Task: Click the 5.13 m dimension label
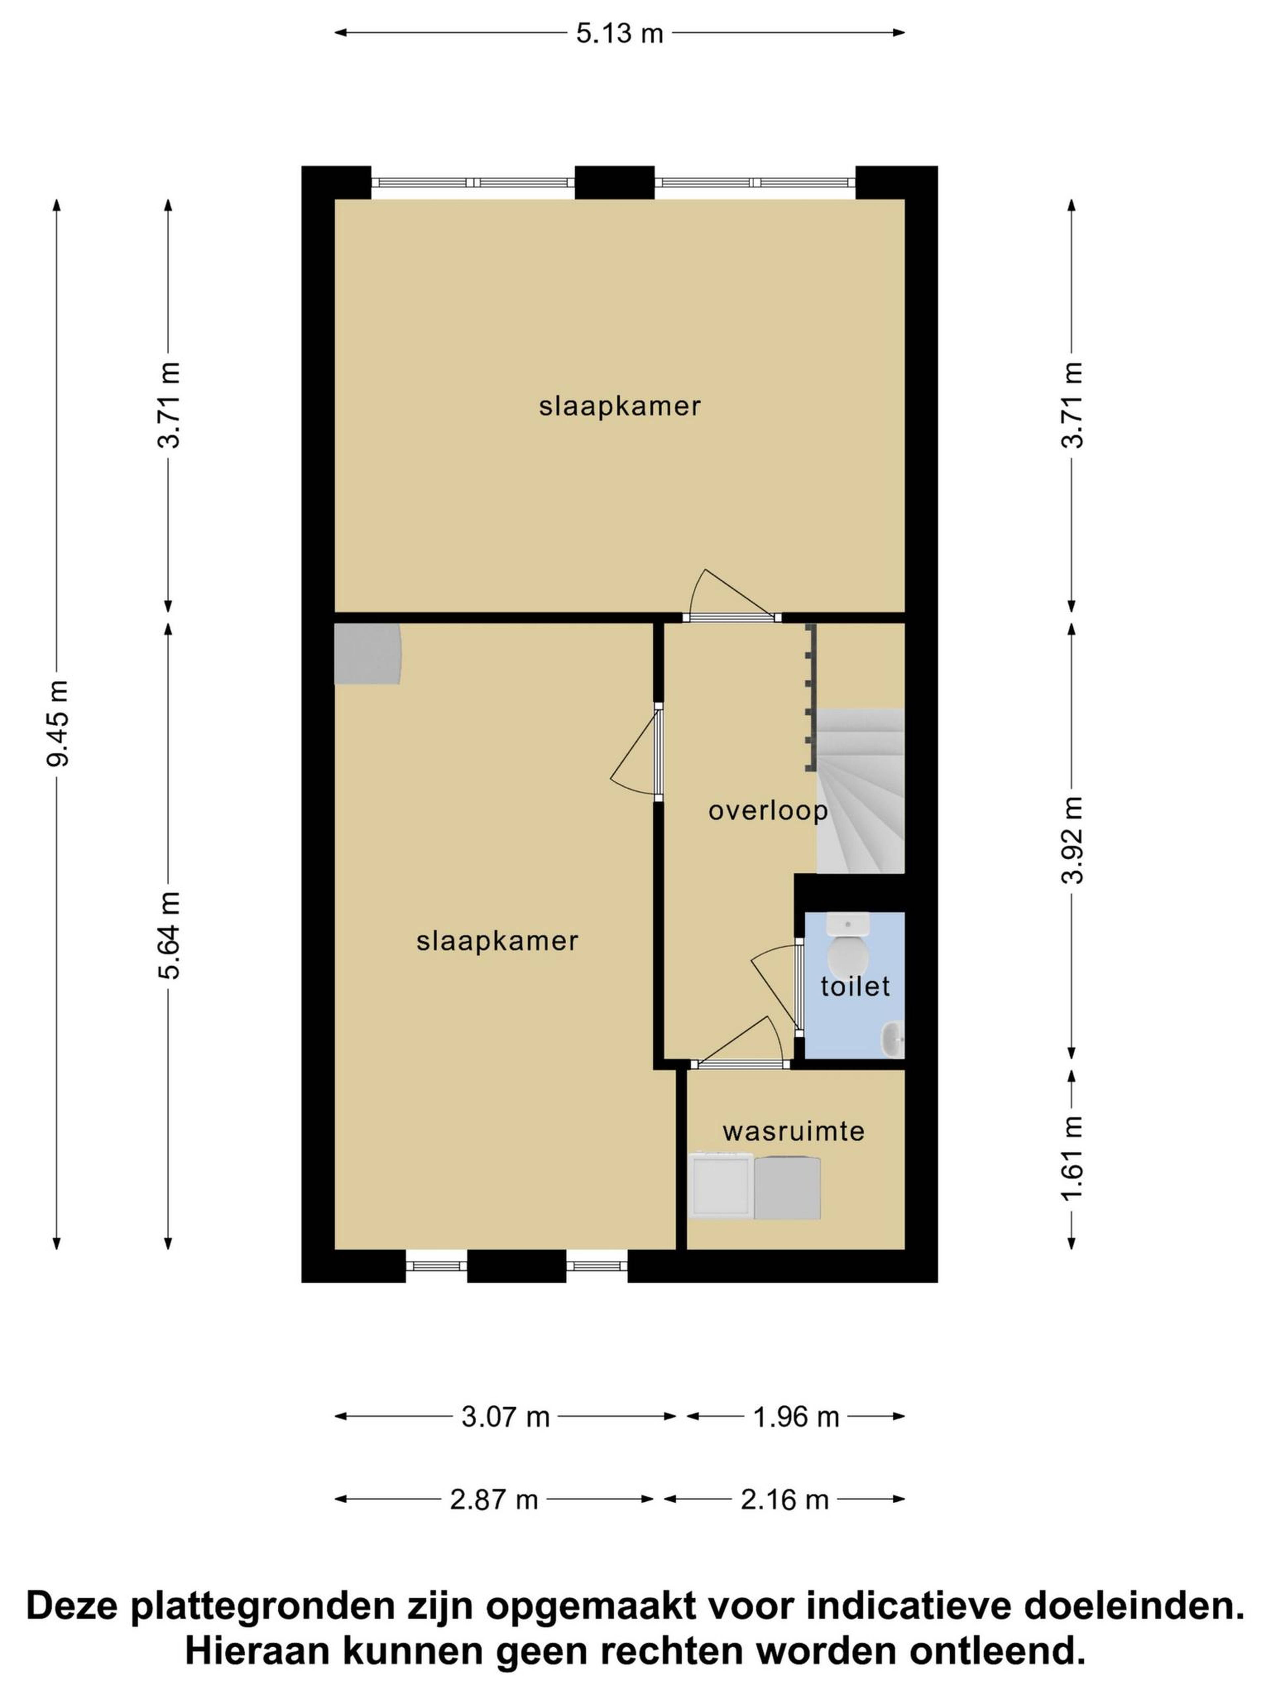point(619,34)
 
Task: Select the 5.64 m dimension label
point(169,935)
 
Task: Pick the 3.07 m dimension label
point(506,1417)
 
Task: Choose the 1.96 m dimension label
point(797,1417)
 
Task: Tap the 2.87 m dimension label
point(494,1499)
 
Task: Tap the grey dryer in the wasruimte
point(787,1188)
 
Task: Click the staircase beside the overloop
point(861,791)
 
